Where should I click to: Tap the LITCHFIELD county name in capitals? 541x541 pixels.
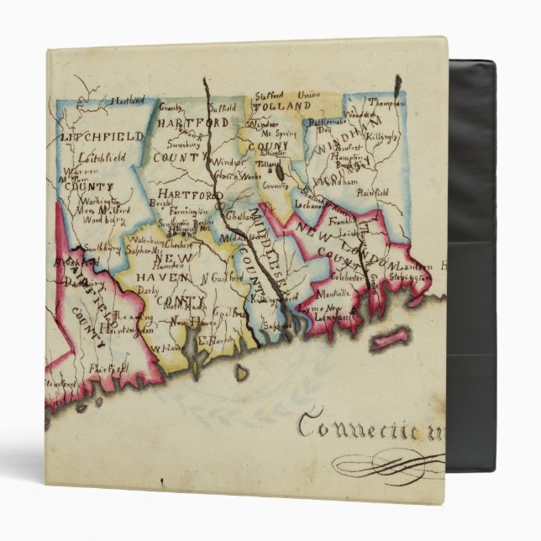[x=93, y=135]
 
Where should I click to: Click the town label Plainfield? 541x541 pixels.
[x=370, y=192]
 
